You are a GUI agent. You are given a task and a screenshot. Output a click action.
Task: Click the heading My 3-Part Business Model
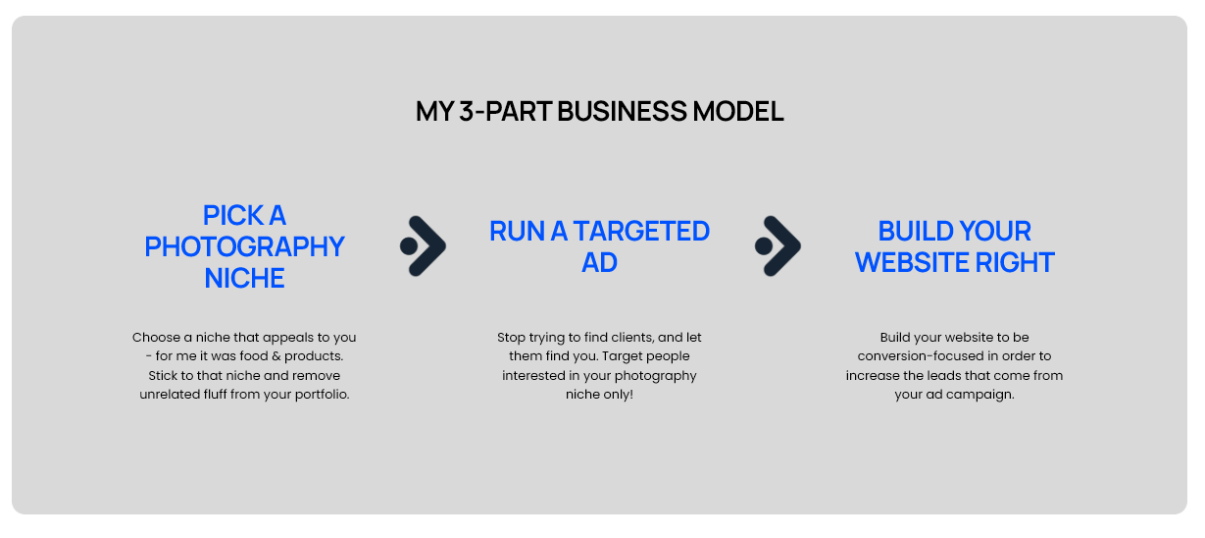[599, 112]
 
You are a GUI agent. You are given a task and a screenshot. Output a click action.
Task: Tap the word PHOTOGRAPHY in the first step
[244, 246]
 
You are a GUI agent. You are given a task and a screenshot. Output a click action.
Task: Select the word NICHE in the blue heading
[244, 278]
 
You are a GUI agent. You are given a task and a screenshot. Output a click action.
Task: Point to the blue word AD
[599, 263]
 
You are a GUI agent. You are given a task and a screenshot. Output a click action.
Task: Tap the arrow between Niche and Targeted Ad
[424, 245]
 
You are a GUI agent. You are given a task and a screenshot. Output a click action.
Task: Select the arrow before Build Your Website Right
[778, 245]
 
